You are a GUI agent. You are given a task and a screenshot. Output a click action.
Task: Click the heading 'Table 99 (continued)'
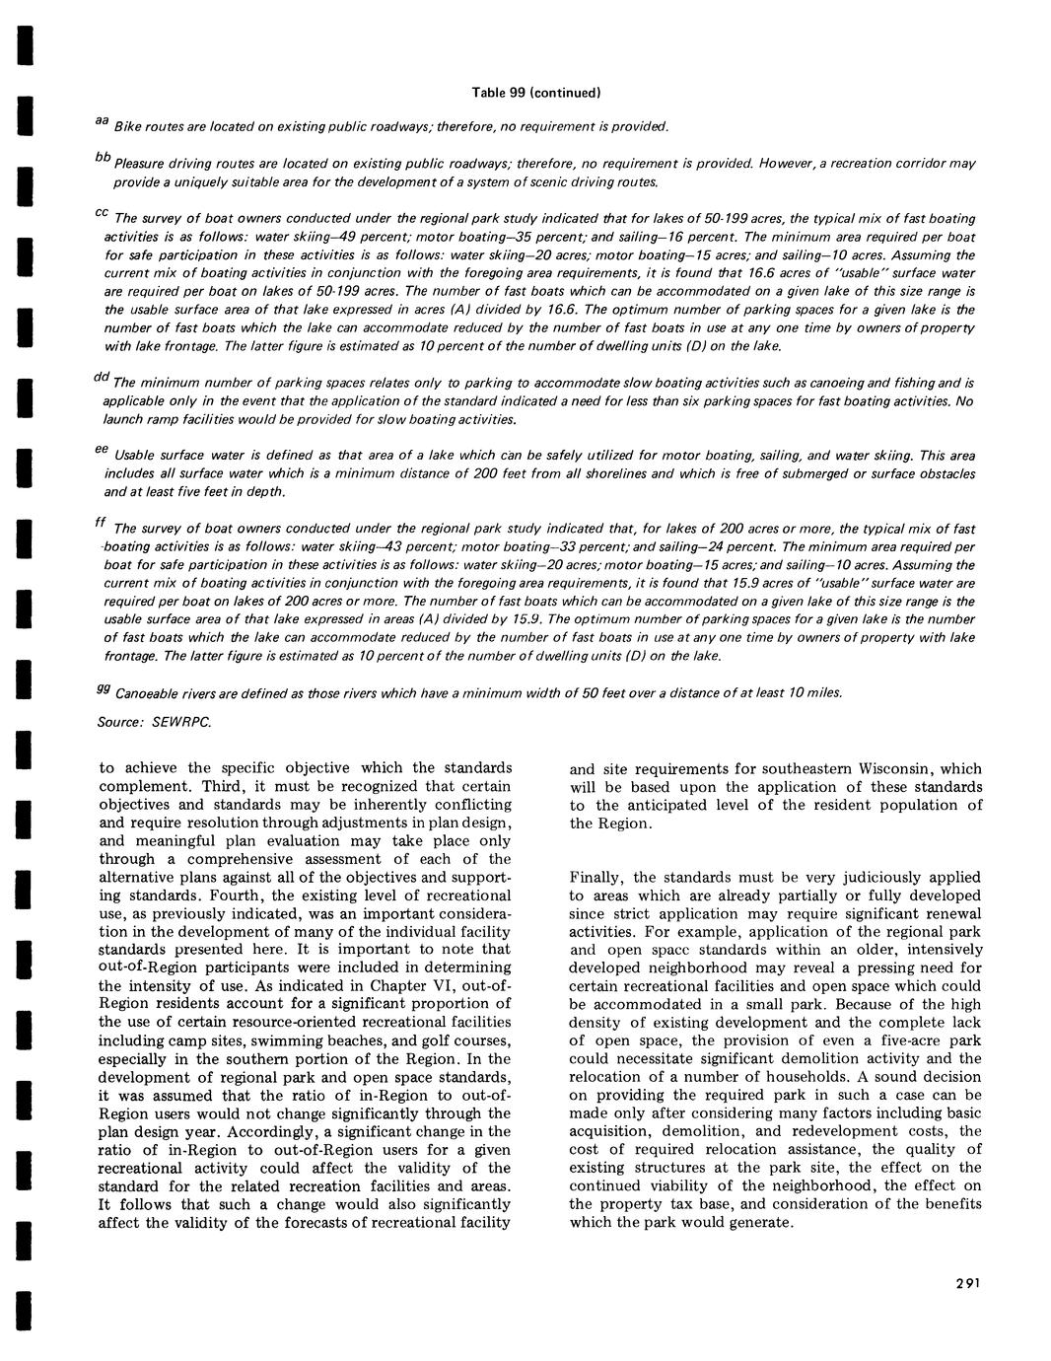coord(536,93)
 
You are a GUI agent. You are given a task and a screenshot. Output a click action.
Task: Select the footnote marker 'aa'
coord(101,120)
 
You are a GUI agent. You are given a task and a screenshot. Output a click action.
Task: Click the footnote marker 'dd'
coord(101,378)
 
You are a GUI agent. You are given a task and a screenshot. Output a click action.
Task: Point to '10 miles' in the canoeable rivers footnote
coord(817,692)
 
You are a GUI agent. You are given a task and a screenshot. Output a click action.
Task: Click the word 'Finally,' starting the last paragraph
coord(597,878)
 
